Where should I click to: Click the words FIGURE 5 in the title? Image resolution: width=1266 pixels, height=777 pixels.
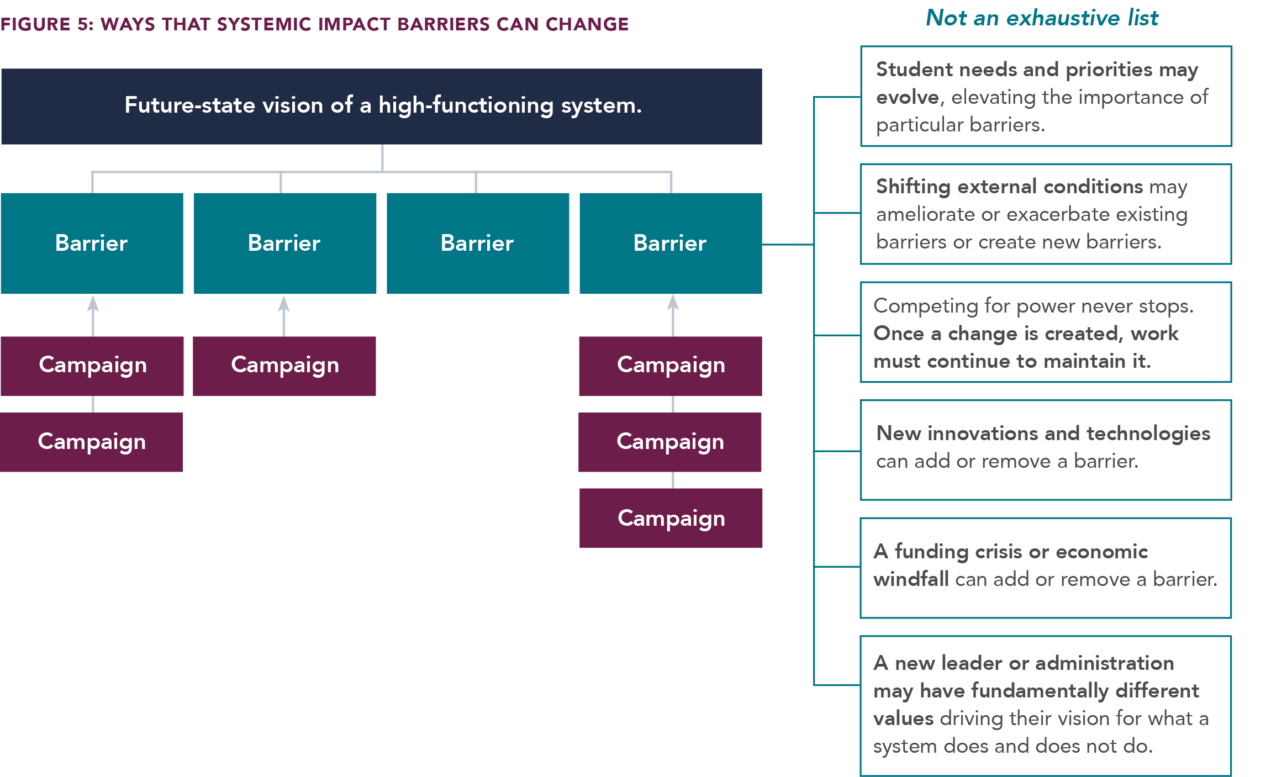tap(47, 24)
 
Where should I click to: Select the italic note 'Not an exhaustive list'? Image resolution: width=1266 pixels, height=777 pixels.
tap(1042, 18)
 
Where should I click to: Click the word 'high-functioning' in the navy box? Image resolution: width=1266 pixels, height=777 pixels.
tap(466, 105)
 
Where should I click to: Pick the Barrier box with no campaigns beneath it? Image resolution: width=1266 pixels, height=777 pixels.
tap(478, 243)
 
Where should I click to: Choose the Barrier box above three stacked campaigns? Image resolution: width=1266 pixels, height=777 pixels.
tap(671, 243)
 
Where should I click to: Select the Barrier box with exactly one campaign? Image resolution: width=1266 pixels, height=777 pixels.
tap(285, 243)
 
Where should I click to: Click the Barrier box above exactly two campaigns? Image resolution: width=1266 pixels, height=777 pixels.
tap(92, 243)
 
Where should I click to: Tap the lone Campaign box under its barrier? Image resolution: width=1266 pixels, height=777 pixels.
tap(284, 366)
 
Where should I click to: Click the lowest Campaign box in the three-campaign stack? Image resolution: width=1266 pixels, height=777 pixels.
tap(671, 518)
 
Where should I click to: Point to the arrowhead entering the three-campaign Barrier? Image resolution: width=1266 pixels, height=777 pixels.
tap(673, 302)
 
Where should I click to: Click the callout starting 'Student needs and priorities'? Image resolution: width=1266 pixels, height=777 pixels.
tap(1046, 96)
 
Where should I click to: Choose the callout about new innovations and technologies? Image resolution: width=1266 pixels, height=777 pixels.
tap(1046, 450)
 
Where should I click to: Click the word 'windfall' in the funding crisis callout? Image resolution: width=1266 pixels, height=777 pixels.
tap(911, 579)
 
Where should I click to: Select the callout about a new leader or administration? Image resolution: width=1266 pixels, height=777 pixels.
tap(1046, 706)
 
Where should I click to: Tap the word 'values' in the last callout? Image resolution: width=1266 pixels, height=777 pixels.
tap(904, 718)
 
